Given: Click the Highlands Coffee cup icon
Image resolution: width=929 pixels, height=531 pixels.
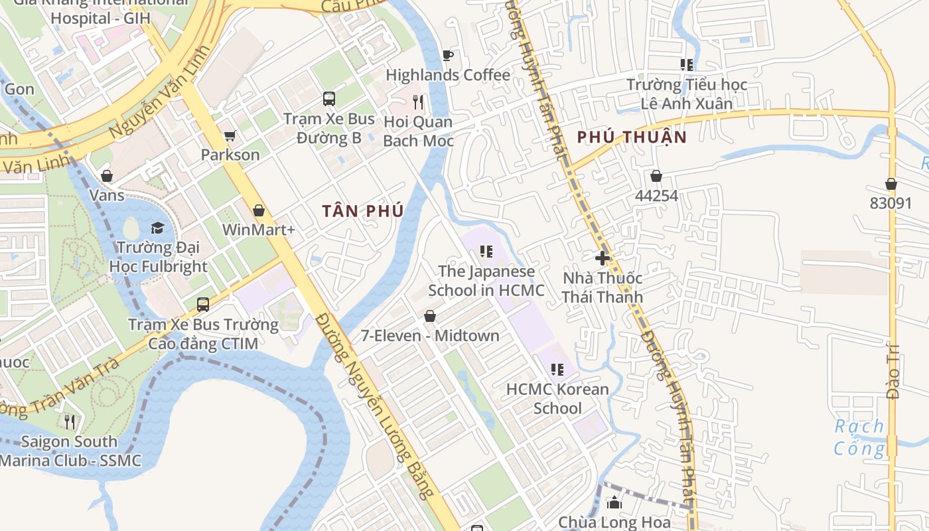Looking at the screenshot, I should coord(448,55).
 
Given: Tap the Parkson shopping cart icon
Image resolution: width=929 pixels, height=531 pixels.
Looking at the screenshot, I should coord(230,135).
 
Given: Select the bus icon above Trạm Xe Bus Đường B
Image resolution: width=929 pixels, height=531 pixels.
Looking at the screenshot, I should coord(329,99).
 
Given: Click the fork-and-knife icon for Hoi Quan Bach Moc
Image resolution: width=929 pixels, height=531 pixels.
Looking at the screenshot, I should coord(418,102).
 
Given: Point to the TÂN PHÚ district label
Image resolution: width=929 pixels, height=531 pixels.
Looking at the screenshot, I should coord(363,211).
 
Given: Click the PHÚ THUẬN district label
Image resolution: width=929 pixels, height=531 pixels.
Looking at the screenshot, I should coord(631,137).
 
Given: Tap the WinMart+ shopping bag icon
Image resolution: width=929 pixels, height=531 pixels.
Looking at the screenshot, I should coord(259,210).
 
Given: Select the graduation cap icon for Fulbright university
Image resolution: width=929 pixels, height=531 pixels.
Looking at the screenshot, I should coord(157,228).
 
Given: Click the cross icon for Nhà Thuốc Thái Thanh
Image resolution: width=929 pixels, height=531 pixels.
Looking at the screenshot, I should coord(603,258).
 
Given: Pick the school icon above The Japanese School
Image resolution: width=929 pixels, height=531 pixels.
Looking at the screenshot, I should coord(486,252).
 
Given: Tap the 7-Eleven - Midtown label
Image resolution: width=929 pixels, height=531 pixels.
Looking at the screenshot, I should coord(430,336).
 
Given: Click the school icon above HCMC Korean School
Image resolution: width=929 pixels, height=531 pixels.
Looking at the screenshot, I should coord(557,369).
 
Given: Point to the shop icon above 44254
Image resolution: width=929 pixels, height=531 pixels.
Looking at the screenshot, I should coord(656,176).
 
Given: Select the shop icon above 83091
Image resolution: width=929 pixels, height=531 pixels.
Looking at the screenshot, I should coord(891,184).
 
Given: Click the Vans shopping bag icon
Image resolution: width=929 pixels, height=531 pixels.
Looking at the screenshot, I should coord(107,176).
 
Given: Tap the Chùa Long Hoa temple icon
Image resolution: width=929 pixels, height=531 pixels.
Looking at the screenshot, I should coord(614,502).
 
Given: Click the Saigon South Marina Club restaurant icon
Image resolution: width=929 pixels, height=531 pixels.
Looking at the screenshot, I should coord(70,421).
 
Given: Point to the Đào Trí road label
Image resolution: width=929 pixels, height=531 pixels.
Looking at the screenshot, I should coord(893,372).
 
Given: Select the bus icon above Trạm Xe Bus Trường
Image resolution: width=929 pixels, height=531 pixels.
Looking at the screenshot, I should coord(203,305).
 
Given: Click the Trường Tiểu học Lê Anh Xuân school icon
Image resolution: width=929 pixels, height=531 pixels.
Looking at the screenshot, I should coord(687,65).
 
